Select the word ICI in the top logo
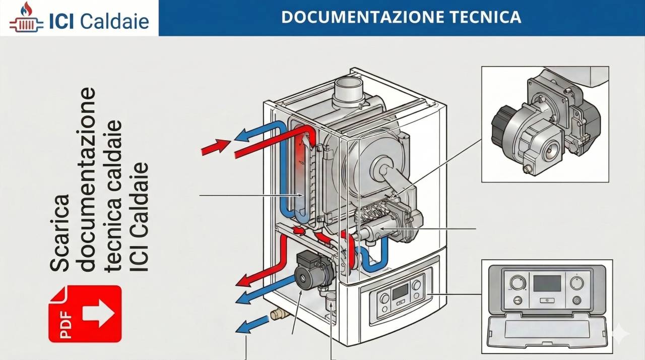(x=63, y=21)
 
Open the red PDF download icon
(x=85, y=314)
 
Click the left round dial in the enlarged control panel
(x=517, y=283)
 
